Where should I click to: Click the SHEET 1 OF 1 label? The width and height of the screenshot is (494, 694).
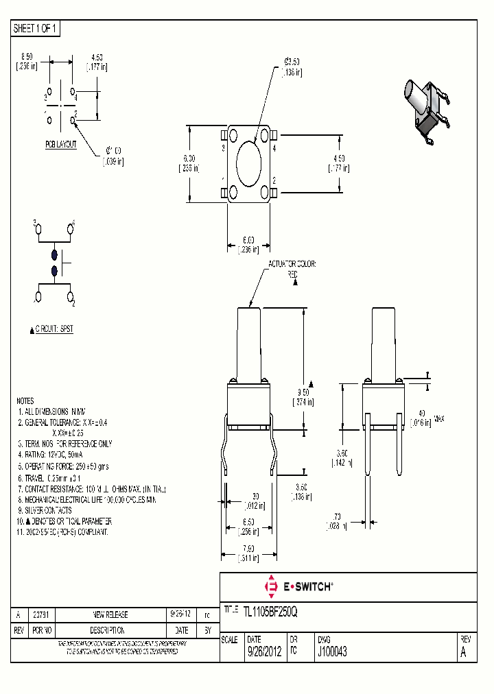36,28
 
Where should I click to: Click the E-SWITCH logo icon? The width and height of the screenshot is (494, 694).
270,586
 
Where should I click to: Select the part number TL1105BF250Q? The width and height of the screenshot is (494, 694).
270,610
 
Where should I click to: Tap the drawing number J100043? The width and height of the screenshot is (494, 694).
332,653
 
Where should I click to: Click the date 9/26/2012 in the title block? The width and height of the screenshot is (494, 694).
264,653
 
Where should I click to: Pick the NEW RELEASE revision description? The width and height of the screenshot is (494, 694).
110,614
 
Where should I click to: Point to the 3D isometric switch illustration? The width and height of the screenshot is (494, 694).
426,110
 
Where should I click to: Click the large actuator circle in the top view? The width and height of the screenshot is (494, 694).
249,164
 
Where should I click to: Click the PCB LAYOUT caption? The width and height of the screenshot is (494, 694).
61,145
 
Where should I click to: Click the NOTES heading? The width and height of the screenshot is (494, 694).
25,400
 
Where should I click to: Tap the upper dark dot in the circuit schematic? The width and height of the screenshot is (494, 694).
55,254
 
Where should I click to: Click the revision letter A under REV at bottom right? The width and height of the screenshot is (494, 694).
463,653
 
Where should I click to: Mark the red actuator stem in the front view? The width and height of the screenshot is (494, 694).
249,343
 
